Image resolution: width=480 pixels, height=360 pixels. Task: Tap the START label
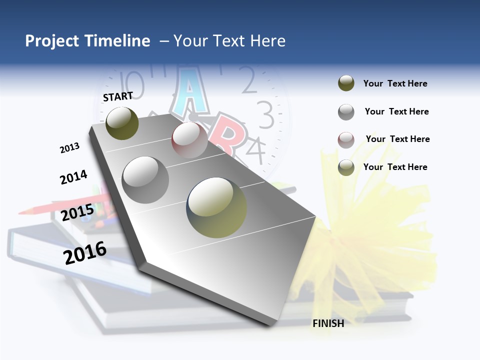pyautogui.click(x=118, y=96)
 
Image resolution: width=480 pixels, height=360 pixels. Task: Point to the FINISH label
pyautogui.click(x=328, y=323)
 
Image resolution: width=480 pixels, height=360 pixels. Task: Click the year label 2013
pyautogui.click(x=70, y=148)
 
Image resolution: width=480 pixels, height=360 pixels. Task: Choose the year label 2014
pyautogui.click(x=73, y=177)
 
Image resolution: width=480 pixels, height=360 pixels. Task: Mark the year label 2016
pyautogui.click(x=85, y=253)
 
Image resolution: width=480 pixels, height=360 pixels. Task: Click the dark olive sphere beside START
pyautogui.click(x=122, y=123)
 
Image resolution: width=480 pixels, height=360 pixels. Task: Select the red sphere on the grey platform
pyautogui.click(x=189, y=140)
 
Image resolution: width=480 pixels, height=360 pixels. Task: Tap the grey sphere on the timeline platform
pyautogui.click(x=145, y=180)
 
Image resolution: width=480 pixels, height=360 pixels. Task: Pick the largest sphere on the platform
pyautogui.click(x=216, y=207)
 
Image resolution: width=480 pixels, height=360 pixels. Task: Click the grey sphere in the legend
pyautogui.click(x=346, y=112)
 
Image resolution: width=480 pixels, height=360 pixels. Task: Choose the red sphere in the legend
pyautogui.click(x=346, y=140)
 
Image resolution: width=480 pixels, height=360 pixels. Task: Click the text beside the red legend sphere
pyautogui.click(x=397, y=139)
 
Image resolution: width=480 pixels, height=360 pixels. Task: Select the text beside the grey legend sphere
pyautogui.click(x=396, y=111)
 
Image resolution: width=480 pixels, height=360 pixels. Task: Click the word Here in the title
pyautogui.click(x=267, y=41)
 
